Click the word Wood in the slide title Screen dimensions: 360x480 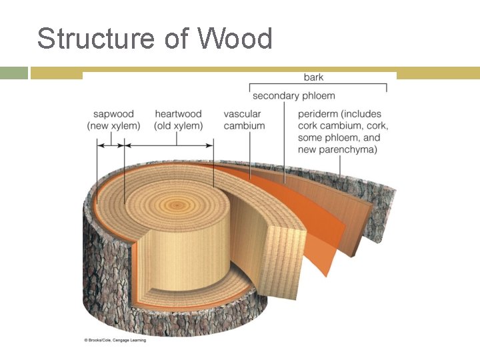(x=235, y=39)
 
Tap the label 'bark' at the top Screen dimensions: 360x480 (x=313, y=77)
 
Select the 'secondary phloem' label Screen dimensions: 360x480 (x=293, y=96)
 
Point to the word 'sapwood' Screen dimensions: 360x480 (x=113, y=114)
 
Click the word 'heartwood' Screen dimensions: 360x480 (x=178, y=114)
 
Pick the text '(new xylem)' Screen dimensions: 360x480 (x=113, y=126)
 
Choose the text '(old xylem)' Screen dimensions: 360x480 (x=178, y=126)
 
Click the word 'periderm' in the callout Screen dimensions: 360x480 (x=321, y=114)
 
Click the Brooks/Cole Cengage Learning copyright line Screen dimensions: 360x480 (x=115, y=340)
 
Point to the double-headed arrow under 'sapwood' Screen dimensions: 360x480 (x=111, y=144)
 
